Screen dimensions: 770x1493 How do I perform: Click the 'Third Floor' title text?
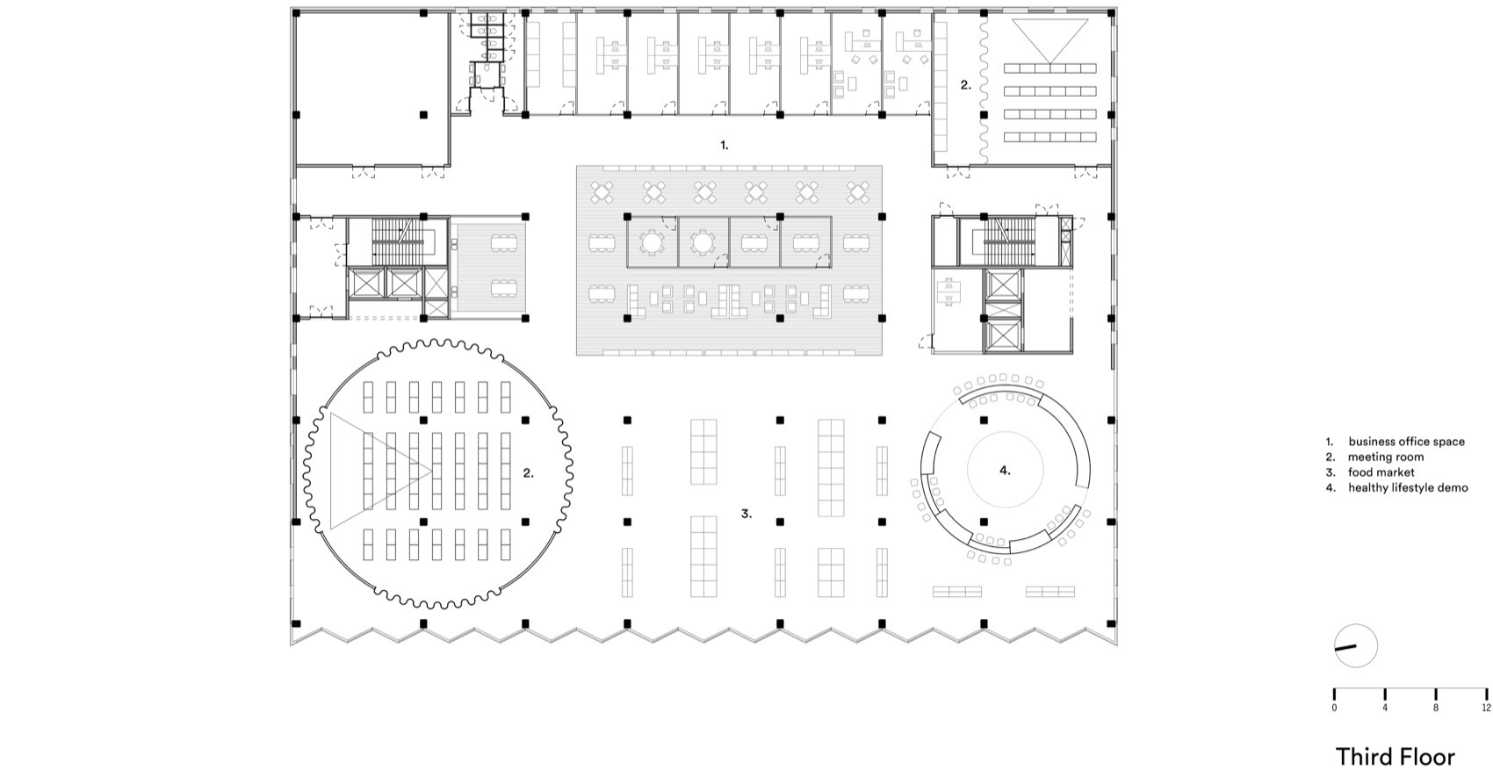pos(1395,757)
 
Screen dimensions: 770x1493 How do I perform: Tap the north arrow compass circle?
pos(1355,646)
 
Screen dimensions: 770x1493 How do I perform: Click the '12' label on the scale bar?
pos(1486,707)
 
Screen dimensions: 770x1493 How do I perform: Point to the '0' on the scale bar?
pos(1334,707)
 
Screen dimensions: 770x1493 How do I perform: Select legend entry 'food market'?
pos(1381,472)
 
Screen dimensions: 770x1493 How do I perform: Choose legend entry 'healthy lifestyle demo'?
pos(1407,487)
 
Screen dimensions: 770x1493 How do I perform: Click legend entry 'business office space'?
pos(1405,442)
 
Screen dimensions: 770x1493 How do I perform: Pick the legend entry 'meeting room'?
pos(1386,457)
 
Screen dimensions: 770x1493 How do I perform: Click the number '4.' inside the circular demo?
pos(1005,471)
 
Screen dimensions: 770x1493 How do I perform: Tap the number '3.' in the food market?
pos(746,514)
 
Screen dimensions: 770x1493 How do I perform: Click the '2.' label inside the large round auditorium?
pos(528,472)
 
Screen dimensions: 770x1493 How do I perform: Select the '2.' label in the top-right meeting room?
pos(965,85)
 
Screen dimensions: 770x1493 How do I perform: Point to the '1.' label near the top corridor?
pos(724,145)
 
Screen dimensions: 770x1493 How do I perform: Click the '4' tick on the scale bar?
pos(1385,707)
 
